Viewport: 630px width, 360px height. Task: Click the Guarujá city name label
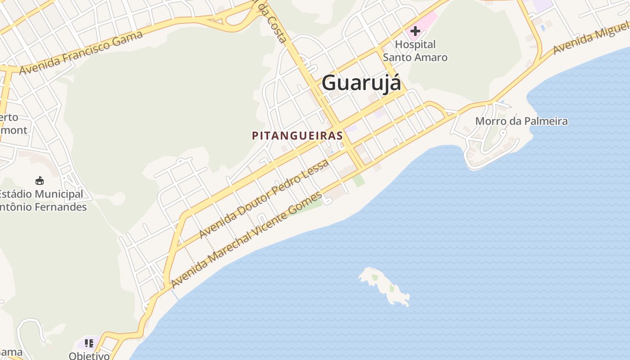click(x=361, y=83)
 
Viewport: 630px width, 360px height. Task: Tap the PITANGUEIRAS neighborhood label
click(x=297, y=135)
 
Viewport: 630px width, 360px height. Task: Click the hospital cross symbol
click(x=415, y=31)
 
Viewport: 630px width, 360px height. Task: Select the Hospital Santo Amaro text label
click(x=415, y=51)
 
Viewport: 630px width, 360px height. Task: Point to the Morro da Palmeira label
click(x=521, y=121)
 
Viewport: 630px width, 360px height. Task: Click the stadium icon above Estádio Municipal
click(x=40, y=180)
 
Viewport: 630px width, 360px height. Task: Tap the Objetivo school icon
click(x=89, y=343)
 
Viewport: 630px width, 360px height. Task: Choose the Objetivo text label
click(x=89, y=355)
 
